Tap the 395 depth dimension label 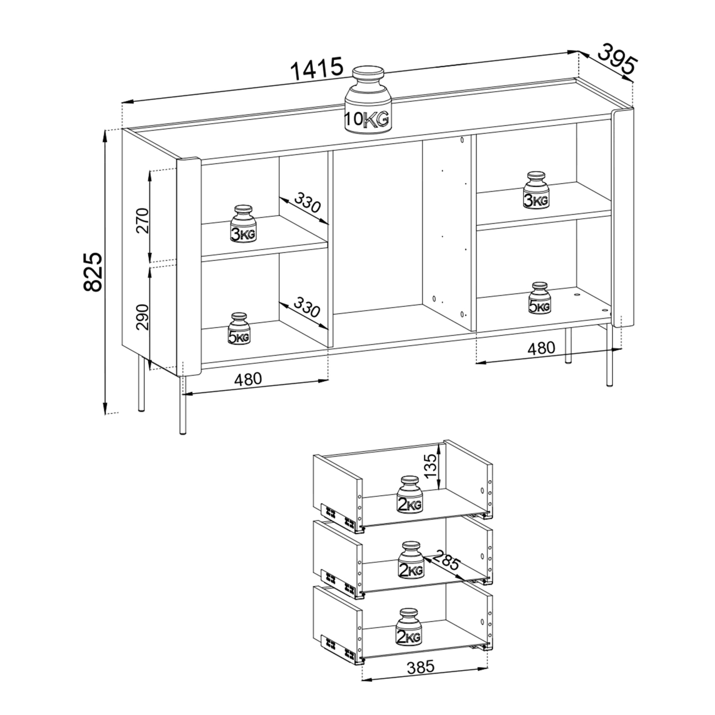pyautogui.click(x=618, y=61)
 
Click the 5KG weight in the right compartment pyautogui.click(x=540, y=298)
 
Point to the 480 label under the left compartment pyautogui.click(x=248, y=379)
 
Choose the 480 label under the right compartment pyautogui.click(x=541, y=348)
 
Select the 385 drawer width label pyautogui.click(x=421, y=668)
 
